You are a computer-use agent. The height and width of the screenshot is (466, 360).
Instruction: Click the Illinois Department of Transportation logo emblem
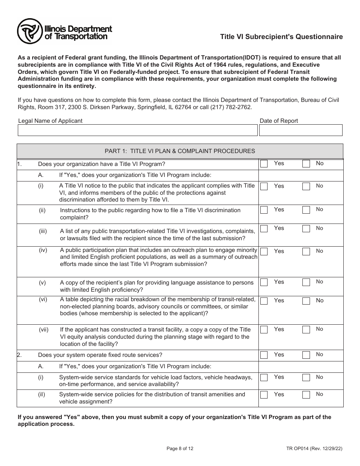point(30,31)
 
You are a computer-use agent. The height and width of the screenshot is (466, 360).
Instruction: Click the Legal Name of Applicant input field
point(138,130)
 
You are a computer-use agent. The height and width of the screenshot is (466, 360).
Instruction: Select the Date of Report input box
point(301,130)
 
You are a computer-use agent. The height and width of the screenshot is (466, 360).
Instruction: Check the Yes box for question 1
point(264,164)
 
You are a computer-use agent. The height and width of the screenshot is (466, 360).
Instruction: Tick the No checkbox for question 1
point(306,164)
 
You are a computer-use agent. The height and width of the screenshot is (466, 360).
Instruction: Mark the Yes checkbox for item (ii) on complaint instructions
point(264,210)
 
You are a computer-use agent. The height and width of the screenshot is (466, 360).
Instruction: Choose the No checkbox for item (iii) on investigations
point(306,228)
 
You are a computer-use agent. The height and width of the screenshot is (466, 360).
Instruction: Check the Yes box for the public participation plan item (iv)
point(264,251)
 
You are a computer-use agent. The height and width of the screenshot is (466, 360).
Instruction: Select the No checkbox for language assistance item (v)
point(306,282)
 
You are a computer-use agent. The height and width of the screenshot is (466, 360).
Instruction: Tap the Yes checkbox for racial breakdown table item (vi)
point(264,301)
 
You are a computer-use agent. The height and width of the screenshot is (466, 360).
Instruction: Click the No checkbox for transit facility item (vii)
point(306,330)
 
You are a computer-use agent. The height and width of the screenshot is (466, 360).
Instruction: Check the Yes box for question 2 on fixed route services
point(264,355)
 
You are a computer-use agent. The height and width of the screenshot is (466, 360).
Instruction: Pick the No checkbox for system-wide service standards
point(306,377)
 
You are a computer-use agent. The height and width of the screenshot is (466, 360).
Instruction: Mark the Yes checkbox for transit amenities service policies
point(264,395)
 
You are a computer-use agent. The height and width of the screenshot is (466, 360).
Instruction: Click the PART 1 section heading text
point(180,151)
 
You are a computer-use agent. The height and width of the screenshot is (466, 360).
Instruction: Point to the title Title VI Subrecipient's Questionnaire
point(282,37)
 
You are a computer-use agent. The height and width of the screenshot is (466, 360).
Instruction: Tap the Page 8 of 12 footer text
point(180,449)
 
